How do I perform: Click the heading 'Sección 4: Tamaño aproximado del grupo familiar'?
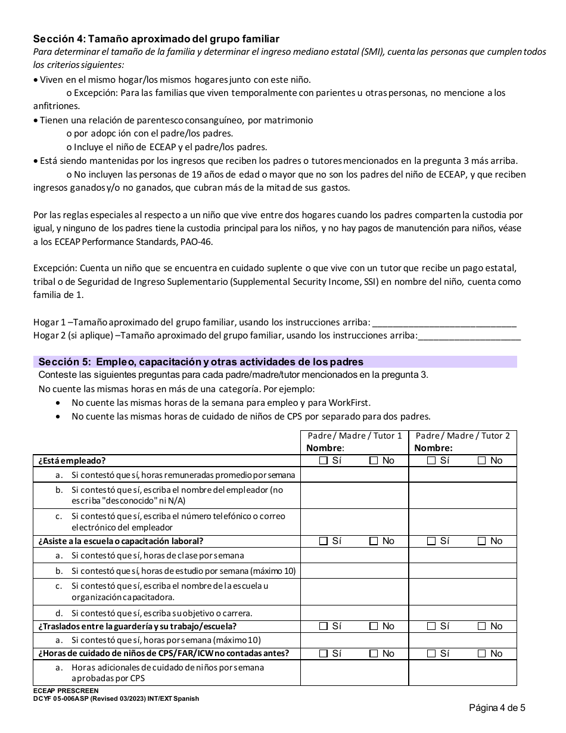156,39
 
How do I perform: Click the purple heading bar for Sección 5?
275,362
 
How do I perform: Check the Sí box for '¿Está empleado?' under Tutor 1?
324,461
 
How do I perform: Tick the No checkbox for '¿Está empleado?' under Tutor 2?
482,461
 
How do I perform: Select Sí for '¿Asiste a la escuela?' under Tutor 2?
432,541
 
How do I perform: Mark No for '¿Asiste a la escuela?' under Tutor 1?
374,541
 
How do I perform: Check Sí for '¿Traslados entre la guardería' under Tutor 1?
324,626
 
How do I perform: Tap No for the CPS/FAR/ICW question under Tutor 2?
482,654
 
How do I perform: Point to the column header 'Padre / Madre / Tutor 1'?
354,436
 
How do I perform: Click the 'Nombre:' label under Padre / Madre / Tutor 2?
433,448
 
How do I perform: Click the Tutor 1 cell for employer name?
354,495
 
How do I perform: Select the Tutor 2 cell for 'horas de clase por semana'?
462,555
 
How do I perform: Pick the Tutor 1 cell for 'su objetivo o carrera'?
354,613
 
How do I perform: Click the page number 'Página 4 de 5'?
497,708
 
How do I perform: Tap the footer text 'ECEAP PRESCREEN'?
66,691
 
